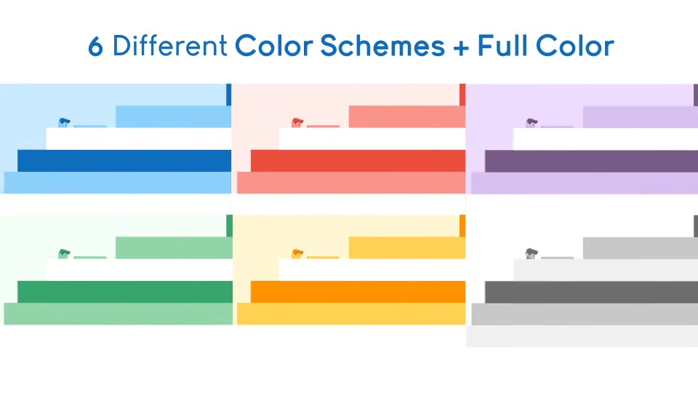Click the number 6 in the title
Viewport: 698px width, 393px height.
96,47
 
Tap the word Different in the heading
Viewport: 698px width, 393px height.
169,45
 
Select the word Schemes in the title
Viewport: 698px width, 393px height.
382,45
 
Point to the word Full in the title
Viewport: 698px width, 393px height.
503,45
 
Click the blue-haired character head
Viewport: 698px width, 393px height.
64,122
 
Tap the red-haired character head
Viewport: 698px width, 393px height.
297,122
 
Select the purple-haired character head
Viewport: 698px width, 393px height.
531,122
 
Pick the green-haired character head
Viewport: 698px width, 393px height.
64,253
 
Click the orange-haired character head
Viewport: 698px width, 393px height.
297,253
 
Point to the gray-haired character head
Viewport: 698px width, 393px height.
531,253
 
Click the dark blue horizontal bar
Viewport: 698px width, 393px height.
124,161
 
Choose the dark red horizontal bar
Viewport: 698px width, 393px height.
358,161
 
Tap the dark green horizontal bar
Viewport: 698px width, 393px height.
125,292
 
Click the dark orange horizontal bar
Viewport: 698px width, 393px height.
358,292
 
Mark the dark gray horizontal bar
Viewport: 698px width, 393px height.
591,293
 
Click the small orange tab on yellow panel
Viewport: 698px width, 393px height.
462,226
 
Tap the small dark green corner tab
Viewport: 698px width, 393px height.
229,226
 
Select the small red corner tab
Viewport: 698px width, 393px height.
462,95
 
